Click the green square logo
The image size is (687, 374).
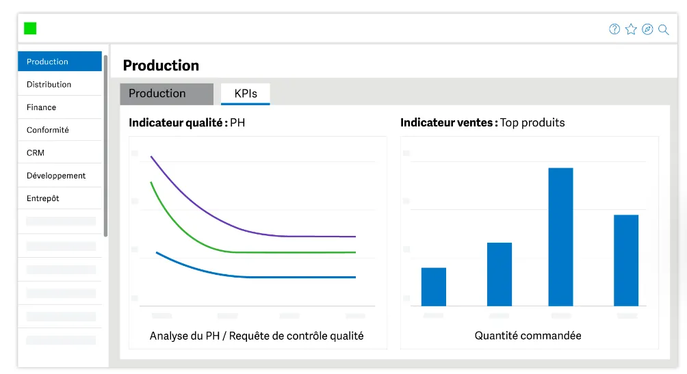[x=30, y=29]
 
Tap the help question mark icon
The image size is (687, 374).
[x=614, y=29]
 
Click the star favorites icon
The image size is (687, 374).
[x=631, y=29]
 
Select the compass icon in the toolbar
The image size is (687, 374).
[x=647, y=29]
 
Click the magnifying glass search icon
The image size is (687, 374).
[x=664, y=29]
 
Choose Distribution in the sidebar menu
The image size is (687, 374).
[x=49, y=84]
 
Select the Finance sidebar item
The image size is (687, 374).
[x=41, y=107]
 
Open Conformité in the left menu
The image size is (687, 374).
[x=47, y=130]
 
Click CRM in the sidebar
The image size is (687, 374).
[x=35, y=152]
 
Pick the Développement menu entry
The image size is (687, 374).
[x=56, y=175]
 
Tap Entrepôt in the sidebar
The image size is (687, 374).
[x=42, y=198]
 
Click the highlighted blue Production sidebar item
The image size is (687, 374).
[x=60, y=62]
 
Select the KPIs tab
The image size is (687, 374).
[x=246, y=93]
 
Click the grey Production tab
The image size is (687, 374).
[x=166, y=93]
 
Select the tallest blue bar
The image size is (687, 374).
[x=561, y=237]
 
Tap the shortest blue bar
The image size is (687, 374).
[x=434, y=287]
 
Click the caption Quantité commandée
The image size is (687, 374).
[x=528, y=336]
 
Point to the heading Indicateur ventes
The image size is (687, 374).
[x=449, y=122]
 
